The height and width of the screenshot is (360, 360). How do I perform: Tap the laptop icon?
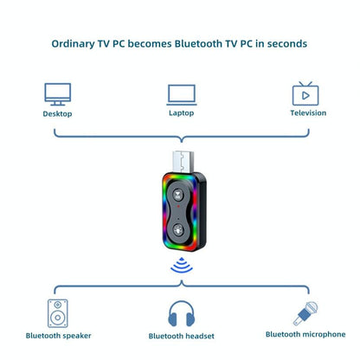(x=180, y=93)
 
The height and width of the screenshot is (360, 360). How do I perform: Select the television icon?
(x=304, y=93)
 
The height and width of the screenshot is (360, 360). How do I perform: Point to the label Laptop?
(x=180, y=113)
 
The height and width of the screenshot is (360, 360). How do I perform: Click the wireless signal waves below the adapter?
(x=180, y=265)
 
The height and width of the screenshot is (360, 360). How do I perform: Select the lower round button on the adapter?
(x=180, y=229)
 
